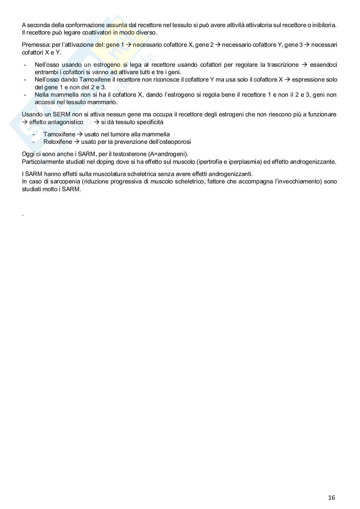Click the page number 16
[x=331, y=497]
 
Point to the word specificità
[x=149, y=122]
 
